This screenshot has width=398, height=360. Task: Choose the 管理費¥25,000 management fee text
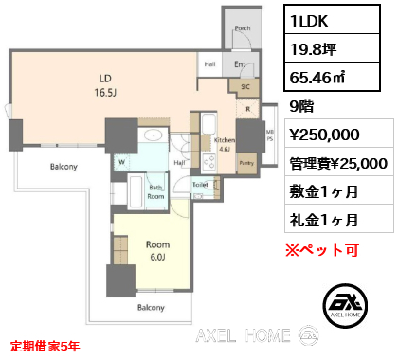(335, 163)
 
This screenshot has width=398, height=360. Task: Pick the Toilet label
(200, 185)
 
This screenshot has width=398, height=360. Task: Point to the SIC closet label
(245, 86)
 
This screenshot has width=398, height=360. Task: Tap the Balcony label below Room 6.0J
(152, 308)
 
